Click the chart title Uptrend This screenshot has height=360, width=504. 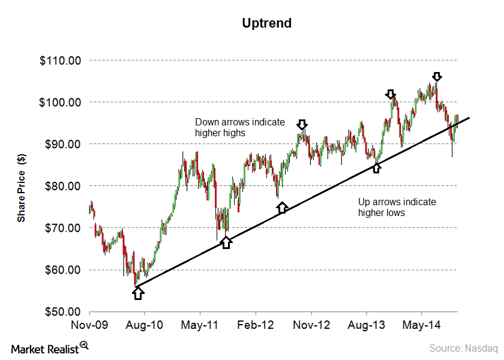coord(267,23)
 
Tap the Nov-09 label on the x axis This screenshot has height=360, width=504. coord(89,325)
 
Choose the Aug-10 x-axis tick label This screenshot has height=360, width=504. coord(145,325)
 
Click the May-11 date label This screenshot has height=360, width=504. coord(200,325)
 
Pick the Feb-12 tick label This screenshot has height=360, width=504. coord(256,325)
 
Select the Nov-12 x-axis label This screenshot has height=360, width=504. coord(311,325)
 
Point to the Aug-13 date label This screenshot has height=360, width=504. coord(366,325)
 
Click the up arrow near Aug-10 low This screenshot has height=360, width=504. coord(139,293)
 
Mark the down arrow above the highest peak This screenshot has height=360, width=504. coord(437,76)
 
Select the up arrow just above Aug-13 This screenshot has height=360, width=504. coord(376,167)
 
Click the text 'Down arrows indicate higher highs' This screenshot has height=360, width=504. coord(240,127)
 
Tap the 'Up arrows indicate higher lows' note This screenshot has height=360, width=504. coord(397,207)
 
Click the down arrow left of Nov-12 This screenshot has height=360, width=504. coord(302,124)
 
